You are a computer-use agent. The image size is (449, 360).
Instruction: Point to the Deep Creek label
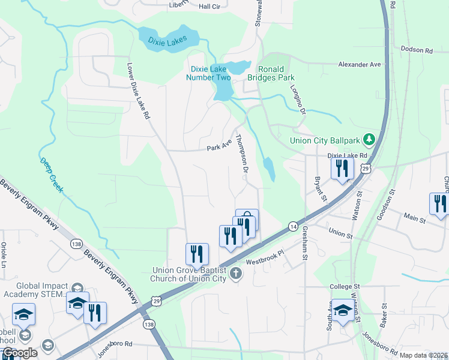(51, 175)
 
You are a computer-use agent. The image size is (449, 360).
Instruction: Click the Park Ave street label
(218, 146)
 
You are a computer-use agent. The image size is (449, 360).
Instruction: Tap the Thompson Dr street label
(242, 153)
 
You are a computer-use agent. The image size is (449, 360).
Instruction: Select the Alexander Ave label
(360, 64)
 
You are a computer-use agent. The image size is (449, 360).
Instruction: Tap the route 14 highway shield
(293, 226)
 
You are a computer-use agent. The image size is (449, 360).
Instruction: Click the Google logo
(19, 353)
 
